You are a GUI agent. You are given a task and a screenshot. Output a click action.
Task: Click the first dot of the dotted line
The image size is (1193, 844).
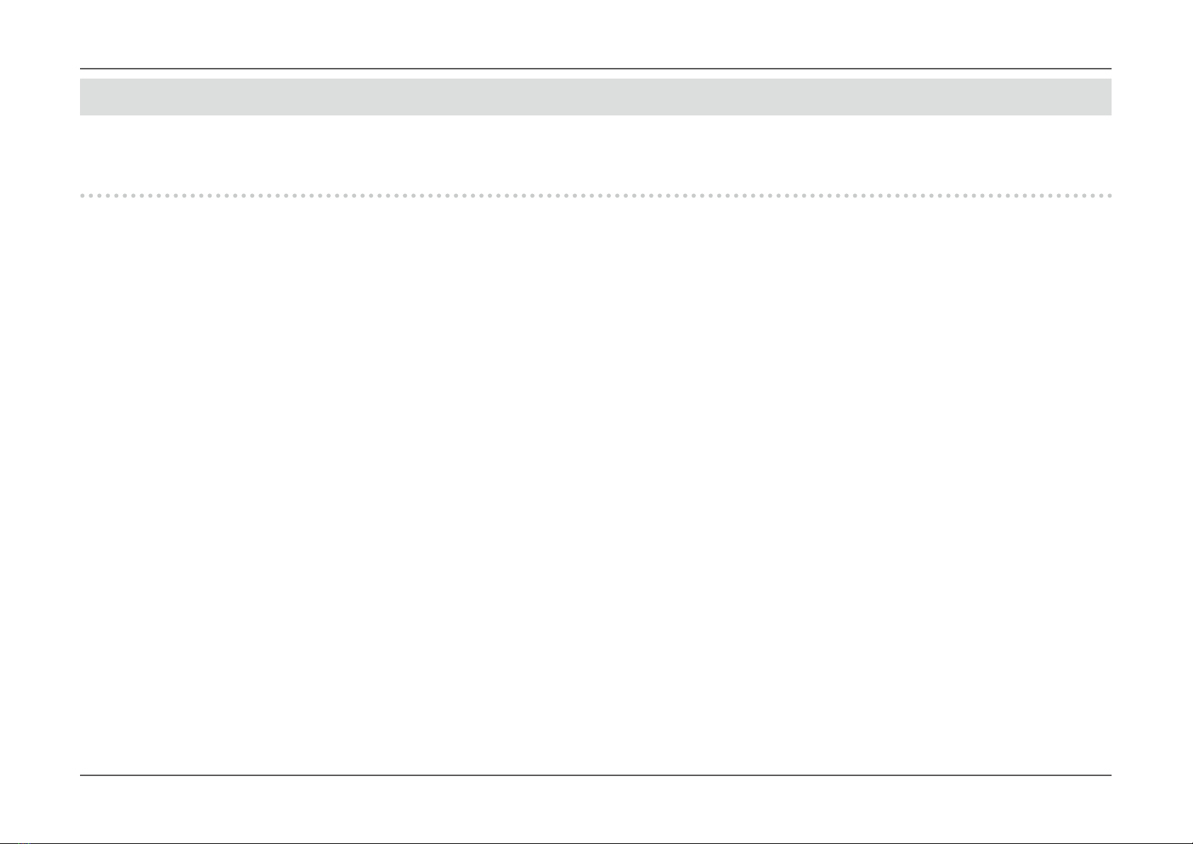pyautogui.click(x=83, y=195)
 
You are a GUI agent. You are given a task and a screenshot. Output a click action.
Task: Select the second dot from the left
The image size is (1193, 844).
pyautogui.click(x=91, y=195)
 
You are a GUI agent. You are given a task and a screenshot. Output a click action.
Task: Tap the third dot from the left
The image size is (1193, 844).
pyautogui.click(x=100, y=195)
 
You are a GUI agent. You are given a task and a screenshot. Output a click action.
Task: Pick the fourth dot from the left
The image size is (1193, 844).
pyautogui.click(x=108, y=195)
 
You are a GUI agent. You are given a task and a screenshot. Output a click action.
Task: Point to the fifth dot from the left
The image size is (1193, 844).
pyautogui.click(x=117, y=195)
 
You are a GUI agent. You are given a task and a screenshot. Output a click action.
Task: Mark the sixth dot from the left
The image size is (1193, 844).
pyautogui.click(x=125, y=195)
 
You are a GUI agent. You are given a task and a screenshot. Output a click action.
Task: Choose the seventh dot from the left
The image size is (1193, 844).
pyautogui.click(x=134, y=195)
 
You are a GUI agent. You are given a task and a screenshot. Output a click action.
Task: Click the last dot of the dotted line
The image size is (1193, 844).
pyautogui.click(x=1109, y=195)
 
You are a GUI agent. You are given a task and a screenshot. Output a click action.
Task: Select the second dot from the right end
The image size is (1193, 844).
pyautogui.click(x=1101, y=195)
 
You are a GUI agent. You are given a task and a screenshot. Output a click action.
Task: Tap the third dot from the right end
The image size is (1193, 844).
pyautogui.click(x=1092, y=195)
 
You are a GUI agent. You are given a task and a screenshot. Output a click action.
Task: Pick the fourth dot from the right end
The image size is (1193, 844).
pyautogui.click(x=1084, y=195)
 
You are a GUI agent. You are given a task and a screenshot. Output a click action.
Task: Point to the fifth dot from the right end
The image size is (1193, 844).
pyautogui.click(x=1075, y=195)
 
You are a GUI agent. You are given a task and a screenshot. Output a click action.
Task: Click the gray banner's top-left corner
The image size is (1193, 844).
pyautogui.click(x=80, y=79)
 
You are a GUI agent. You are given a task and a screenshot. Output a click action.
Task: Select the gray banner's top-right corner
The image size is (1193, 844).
pyautogui.click(x=1111, y=79)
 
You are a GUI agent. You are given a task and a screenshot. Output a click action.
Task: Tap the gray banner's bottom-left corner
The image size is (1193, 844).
pyautogui.click(x=80, y=115)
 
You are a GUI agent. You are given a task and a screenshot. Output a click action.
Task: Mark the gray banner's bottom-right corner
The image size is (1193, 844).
pyautogui.click(x=1111, y=115)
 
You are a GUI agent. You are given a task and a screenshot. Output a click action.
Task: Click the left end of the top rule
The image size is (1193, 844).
pyautogui.click(x=80, y=69)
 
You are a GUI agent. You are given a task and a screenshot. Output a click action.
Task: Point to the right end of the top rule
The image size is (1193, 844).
pyautogui.click(x=1111, y=69)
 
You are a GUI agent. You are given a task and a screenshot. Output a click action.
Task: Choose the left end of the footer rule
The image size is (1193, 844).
pyautogui.click(x=80, y=775)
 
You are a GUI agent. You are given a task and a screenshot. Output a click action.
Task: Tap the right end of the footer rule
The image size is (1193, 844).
pyautogui.click(x=1111, y=775)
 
